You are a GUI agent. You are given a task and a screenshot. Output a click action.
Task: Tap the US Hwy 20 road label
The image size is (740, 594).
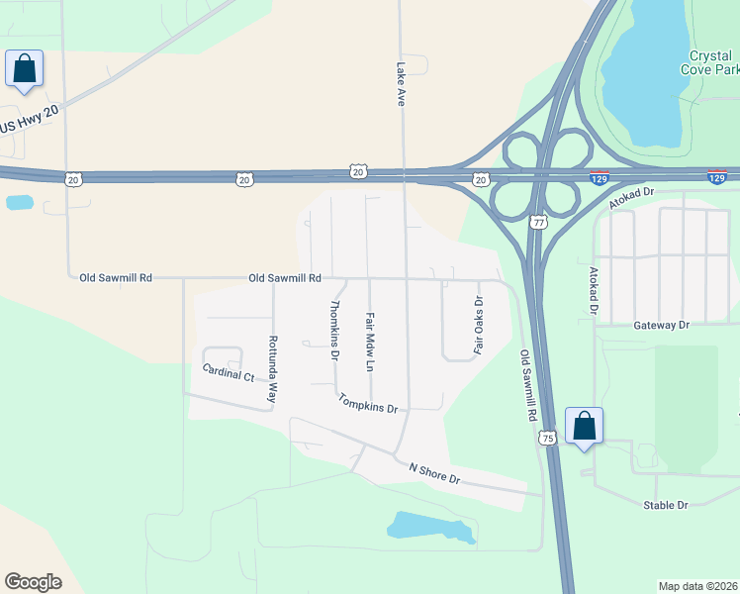pyautogui.click(x=30, y=120)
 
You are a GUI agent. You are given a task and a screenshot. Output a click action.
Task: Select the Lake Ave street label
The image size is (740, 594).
pyautogui.click(x=402, y=85)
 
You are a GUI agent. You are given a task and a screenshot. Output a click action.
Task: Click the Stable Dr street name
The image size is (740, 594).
pyautogui.click(x=665, y=505)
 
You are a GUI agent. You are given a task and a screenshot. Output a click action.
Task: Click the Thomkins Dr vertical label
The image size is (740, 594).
pyautogui.click(x=334, y=330)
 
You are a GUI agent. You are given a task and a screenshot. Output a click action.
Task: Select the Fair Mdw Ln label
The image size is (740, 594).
pyautogui.click(x=370, y=343)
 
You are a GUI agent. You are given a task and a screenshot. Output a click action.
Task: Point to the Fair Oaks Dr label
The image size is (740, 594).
pyautogui.click(x=478, y=326)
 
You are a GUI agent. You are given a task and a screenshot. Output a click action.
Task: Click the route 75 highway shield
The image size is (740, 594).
pyautogui.click(x=547, y=437)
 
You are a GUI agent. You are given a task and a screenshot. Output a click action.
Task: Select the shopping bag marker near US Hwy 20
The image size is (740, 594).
pyautogui.click(x=24, y=69)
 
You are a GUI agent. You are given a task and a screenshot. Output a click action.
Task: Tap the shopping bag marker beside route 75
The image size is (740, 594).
pyautogui.click(x=584, y=427)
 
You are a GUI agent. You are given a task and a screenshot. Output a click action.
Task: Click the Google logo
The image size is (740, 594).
pyautogui.click(x=33, y=581)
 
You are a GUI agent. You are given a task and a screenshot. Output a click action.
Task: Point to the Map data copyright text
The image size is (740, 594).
pyautogui.click(x=698, y=586)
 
